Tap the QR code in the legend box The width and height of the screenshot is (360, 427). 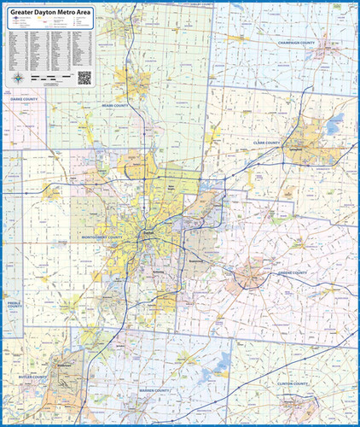84,77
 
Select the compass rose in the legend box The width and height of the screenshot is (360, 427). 18,79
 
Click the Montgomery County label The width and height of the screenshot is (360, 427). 103,237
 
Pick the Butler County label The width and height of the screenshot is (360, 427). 27,375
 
